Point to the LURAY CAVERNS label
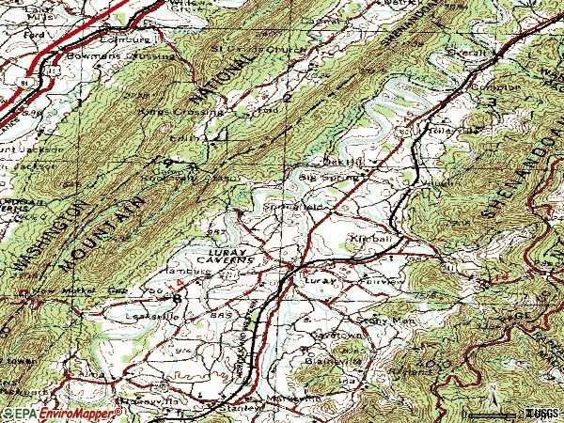pyautogui.click(x=225, y=259)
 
